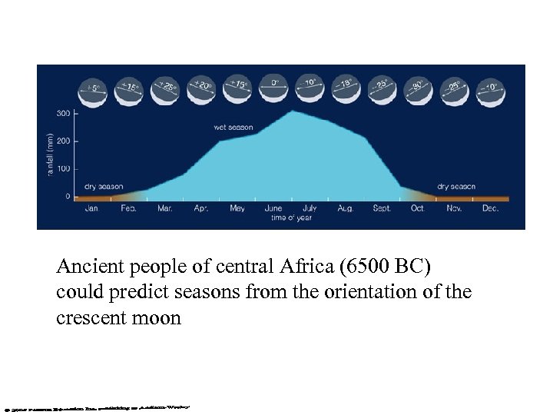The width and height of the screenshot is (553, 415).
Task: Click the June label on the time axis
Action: click(x=273, y=208)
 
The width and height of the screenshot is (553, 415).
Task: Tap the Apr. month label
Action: click(x=201, y=208)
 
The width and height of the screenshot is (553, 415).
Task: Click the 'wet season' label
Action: click(x=233, y=126)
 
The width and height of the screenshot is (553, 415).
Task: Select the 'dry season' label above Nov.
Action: click(x=456, y=186)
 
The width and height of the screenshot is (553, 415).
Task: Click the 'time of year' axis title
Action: click(x=289, y=219)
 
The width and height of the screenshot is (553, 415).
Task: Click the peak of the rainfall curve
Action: click(x=290, y=111)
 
